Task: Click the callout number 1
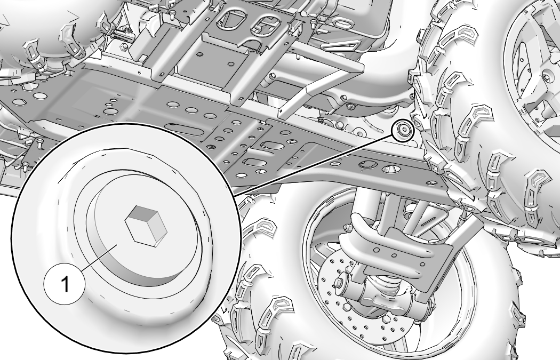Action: (x=65, y=284)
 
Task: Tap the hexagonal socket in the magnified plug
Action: (x=146, y=226)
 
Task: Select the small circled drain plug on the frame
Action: (x=403, y=131)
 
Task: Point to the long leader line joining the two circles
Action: (x=313, y=165)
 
